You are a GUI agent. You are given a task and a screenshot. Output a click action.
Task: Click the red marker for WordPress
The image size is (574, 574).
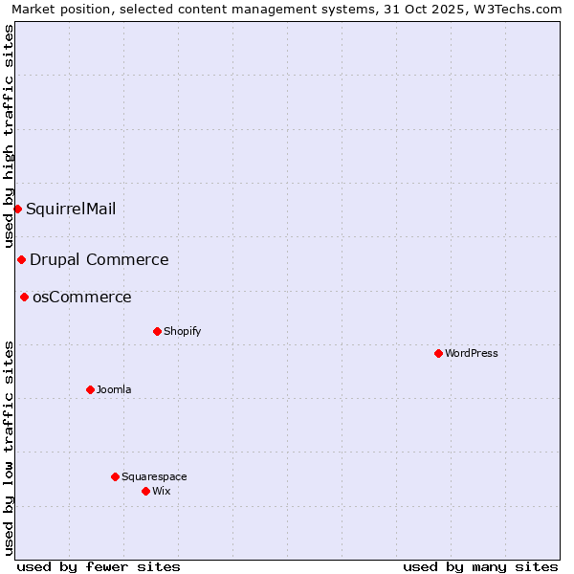pyautogui.click(x=438, y=353)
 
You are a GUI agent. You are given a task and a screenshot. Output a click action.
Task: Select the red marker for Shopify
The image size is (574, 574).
pyautogui.click(x=157, y=331)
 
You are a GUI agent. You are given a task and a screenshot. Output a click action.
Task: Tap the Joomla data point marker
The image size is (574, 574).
pyautogui.click(x=90, y=389)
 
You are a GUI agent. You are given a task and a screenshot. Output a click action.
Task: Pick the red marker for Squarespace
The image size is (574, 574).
pyautogui.click(x=115, y=476)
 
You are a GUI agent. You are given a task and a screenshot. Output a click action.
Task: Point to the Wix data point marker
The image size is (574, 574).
pyautogui.click(x=145, y=491)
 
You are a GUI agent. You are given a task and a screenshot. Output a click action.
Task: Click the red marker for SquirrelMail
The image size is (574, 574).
pyautogui.click(x=17, y=209)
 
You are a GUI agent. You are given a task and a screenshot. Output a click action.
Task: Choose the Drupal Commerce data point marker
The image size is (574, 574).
pyautogui.click(x=21, y=259)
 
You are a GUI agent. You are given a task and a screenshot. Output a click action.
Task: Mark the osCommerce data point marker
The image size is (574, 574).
pyautogui.click(x=24, y=297)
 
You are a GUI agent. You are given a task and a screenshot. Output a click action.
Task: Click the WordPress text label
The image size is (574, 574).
pyautogui.click(x=472, y=353)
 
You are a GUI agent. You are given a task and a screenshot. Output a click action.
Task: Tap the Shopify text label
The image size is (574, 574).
pyautogui.click(x=182, y=331)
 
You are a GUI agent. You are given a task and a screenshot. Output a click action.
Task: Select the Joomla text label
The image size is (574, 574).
pyautogui.click(x=114, y=389)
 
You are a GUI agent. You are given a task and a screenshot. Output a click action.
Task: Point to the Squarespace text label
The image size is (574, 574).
pyautogui.click(x=154, y=476)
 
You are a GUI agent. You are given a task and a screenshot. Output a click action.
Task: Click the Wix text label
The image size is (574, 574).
pyautogui.click(x=161, y=491)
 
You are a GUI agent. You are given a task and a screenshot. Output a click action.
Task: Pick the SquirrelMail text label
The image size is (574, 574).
pyautogui.click(x=71, y=209)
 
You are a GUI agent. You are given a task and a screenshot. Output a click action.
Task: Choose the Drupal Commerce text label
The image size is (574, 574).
pyautogui.click(x=99, y=259)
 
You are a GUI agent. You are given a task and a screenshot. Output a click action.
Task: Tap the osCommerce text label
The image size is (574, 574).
pyautogui.click(x=82, y=297)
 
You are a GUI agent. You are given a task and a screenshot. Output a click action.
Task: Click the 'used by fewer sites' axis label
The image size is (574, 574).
pyautogui.click(x=99, y=566)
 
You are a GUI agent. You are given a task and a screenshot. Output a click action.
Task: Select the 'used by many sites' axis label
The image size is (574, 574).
pyautogui.click(x=480, y=566)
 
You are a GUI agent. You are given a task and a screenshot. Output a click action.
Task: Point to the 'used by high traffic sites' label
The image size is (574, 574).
pyautogui.click(x=9, y=136)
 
